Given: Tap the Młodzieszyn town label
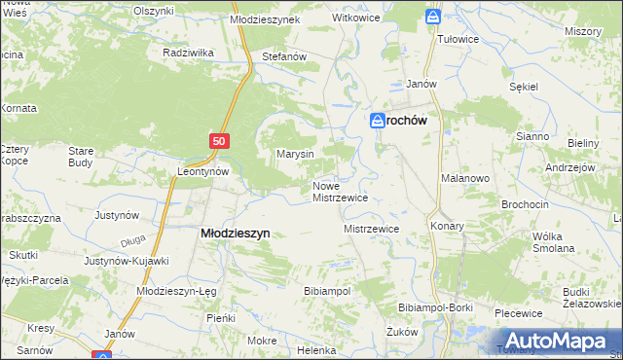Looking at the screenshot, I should (235, 234).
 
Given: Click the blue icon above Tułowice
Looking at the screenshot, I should (433, 17).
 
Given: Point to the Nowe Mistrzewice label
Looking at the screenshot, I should (340, 191).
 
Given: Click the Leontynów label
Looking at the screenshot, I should (202, 170).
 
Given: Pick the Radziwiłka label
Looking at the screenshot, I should (189, 52).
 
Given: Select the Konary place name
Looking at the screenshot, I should (446, 226).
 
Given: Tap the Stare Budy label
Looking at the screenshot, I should (80, 157).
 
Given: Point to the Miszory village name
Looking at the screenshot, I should (582, 31).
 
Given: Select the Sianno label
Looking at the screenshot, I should (532, 136).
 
